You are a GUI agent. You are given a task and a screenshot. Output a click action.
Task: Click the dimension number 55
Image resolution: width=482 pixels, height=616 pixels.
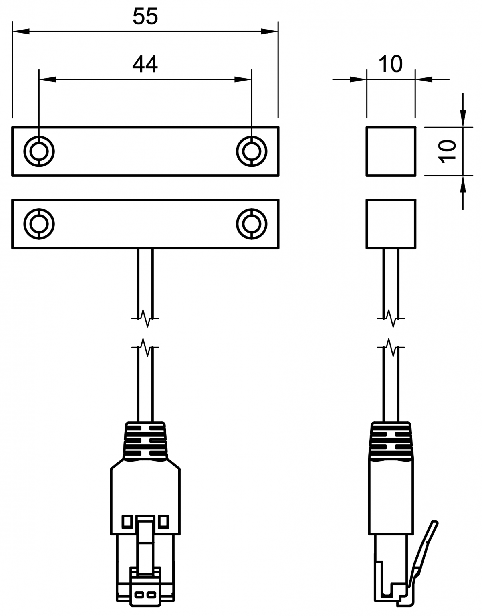click(145, 17)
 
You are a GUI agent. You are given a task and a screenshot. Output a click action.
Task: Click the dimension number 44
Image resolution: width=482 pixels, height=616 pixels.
click(145, 64)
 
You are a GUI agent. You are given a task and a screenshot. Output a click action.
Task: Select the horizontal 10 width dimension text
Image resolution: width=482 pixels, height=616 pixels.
click(390, 64)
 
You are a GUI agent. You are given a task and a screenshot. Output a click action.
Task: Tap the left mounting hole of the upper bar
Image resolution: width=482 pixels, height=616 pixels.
click(39, 151)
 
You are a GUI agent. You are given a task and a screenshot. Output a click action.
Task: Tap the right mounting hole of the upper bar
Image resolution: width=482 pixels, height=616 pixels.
click(251, 151)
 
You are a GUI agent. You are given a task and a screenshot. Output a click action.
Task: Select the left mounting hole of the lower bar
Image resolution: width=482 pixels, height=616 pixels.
click(39, 223)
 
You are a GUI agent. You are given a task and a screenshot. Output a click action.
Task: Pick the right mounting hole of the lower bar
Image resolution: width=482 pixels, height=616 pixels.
click(251, 223)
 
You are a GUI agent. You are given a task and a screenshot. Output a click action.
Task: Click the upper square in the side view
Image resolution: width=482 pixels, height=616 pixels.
click(391, 151)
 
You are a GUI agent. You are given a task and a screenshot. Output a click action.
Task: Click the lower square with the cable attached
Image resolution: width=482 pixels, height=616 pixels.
click(391, 224)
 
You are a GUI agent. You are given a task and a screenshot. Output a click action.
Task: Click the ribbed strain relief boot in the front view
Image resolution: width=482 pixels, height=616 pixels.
click(145, 441)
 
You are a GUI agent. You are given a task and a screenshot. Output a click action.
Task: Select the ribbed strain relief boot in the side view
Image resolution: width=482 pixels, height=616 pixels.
click(391, 441)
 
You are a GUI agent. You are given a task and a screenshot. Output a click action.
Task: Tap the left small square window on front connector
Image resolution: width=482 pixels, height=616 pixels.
click(127, 521)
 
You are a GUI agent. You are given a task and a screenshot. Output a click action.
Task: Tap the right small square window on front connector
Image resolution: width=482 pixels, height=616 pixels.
click(163, 521)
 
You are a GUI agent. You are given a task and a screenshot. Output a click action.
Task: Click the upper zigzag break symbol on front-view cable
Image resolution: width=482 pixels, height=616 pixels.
click(145, 318)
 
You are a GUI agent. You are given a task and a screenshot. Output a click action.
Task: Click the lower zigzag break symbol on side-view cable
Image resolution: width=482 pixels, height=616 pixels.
click(391, 347)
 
